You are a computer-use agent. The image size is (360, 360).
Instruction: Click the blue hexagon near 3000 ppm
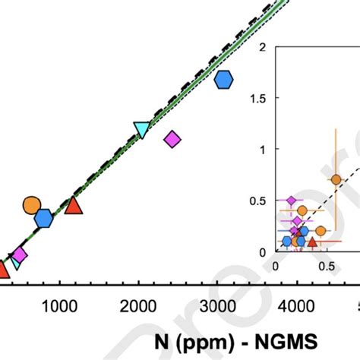[x=223, y=79]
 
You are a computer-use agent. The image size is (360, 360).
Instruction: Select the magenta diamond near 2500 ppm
[x=172, y=139]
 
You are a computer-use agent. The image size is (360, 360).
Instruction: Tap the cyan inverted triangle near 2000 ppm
[x=142, y=130]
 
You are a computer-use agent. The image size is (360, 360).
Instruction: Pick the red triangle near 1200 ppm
[x=73, y=205]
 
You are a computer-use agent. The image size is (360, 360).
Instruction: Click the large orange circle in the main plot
[x=32, y=205]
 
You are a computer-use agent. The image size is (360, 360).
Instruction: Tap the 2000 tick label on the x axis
[x=137, y=306]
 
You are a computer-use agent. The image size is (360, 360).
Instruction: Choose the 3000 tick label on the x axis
[x=216, y=306]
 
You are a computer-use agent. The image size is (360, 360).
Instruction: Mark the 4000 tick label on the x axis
[x=295, y=306]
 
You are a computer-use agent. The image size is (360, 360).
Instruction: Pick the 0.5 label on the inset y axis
[x=257, y=201]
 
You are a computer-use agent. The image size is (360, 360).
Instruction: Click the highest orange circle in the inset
[x=336, y=180]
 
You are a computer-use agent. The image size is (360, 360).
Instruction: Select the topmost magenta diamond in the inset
[x=289, y=201]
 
